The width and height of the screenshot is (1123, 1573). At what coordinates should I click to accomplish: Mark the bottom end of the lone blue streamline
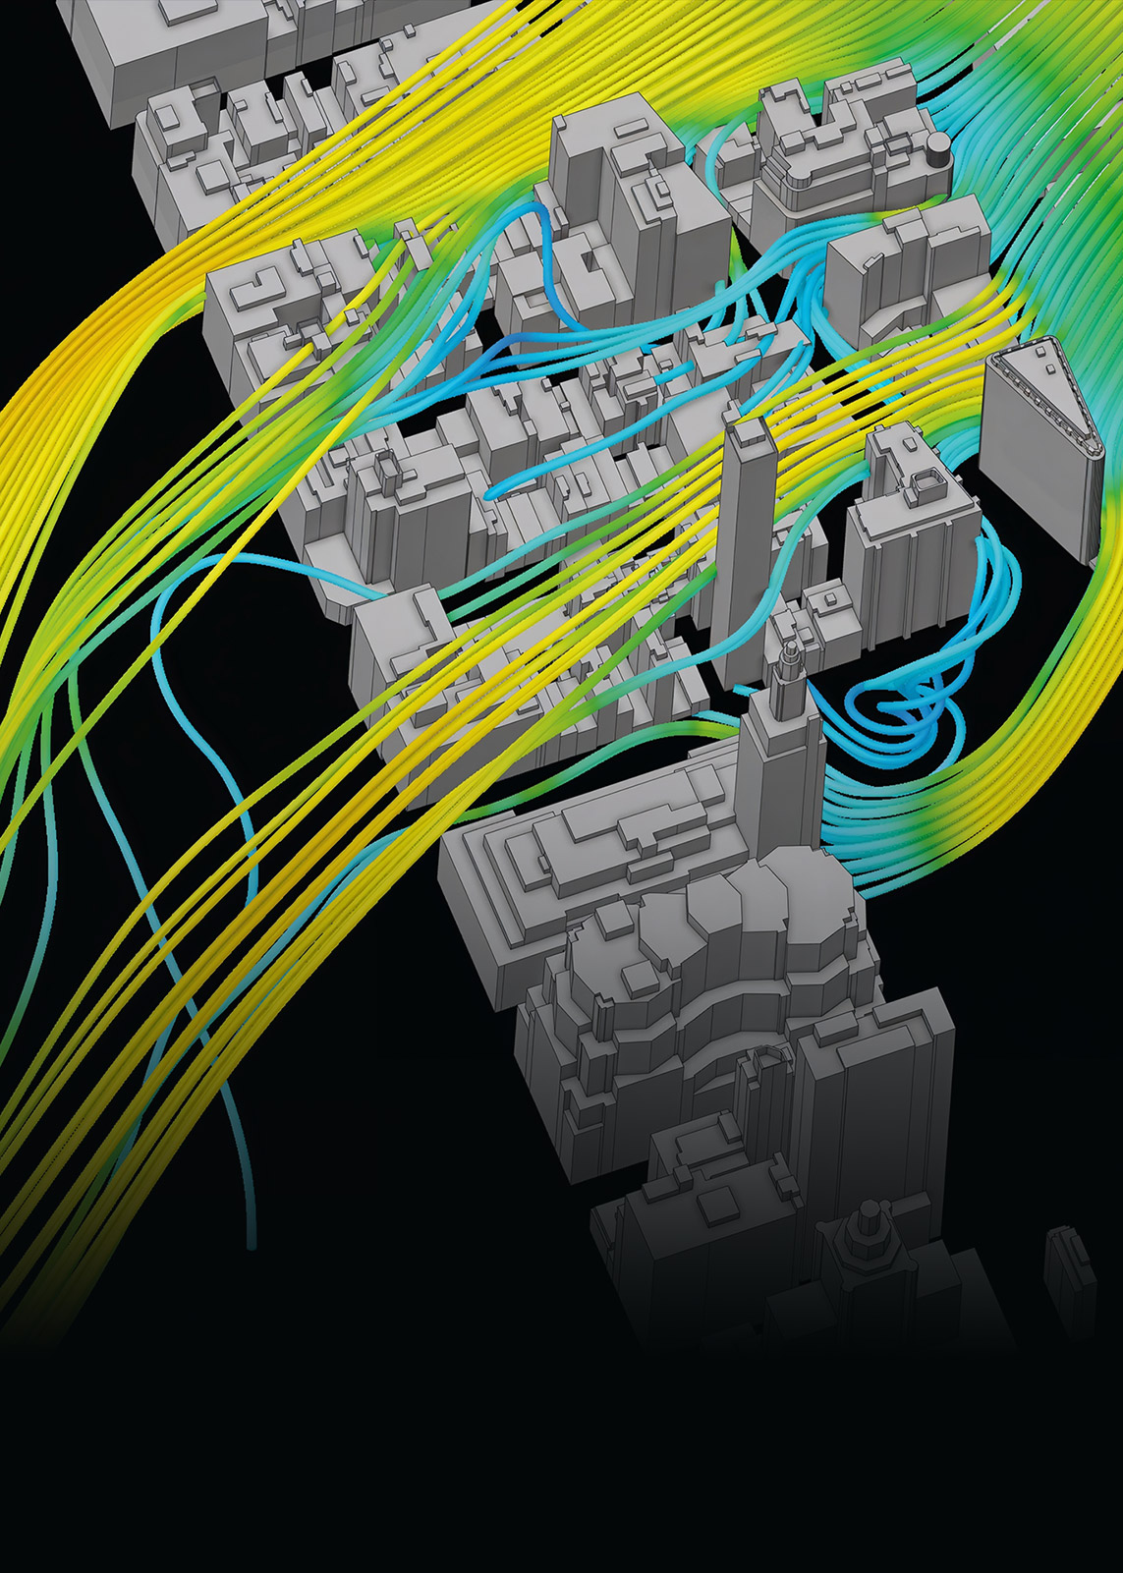click(x=253, y=1246)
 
